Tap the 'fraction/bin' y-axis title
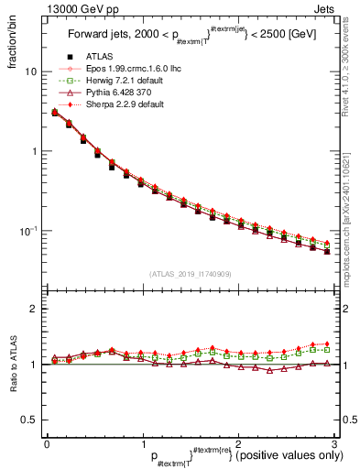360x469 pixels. pyautogui.click(x=11, y=46)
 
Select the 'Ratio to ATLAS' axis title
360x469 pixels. pyautogui.click(x=11, y=364)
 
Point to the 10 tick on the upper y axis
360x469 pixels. pyautogui.click(x=31, y=71)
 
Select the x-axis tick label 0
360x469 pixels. pyautogui.click(x=47, y=444)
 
